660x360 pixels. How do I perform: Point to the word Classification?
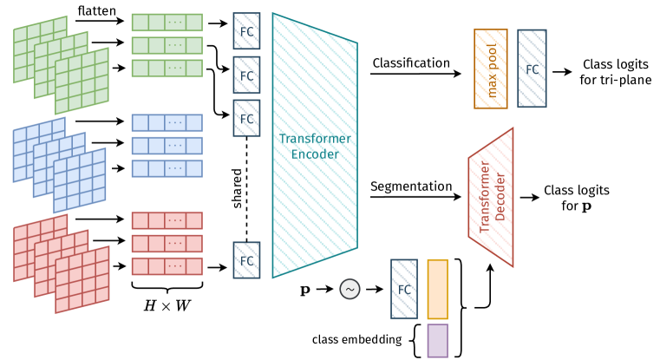410,62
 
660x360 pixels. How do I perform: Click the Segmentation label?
411,186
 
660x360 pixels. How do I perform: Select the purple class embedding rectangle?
438,339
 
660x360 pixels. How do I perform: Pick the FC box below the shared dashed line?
246,259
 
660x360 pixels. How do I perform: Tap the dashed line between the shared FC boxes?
246,187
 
